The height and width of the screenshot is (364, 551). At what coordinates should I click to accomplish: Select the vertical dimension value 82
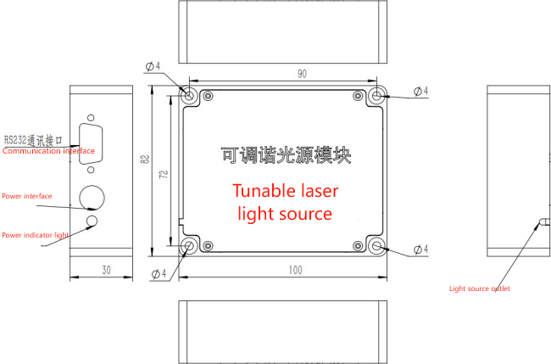(145, 160)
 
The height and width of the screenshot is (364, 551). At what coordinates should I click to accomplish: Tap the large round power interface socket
(92, 197)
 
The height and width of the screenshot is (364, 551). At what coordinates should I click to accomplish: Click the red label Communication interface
(48, 151)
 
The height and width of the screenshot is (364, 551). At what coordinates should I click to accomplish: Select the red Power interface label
(26, 196)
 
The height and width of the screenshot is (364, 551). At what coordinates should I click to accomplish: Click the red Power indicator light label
(34, 234)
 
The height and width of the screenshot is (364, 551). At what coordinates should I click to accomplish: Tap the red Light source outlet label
(479, 288)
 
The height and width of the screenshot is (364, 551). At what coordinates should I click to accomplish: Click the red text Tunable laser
(285, 190)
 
